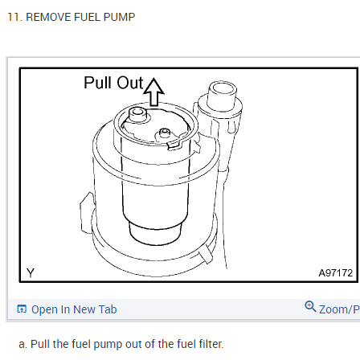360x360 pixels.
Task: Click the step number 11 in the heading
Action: tap(14, 17)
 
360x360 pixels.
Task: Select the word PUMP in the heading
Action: tap(119, 17)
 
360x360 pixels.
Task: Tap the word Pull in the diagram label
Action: tap(97, 82)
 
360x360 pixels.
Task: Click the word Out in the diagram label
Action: tap(130, 82)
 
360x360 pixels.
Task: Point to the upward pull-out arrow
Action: tap(153, 92)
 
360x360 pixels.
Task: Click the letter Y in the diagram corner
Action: tap(31, 272)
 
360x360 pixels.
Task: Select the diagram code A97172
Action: tap(335, 273)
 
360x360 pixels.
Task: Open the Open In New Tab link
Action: tap(74, 309)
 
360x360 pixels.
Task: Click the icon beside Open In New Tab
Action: tap(22, 309)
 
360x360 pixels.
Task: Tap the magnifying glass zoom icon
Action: tap(310, 306)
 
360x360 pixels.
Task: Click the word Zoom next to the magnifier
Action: tap(334, 309)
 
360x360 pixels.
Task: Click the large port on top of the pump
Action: tap(137, 114)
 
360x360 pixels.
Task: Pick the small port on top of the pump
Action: tap(164, 133)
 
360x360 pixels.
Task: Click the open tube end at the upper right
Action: tap(223, 90)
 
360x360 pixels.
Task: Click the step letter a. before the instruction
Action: tap(23, 345)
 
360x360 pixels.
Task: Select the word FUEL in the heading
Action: tap(88, 17)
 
